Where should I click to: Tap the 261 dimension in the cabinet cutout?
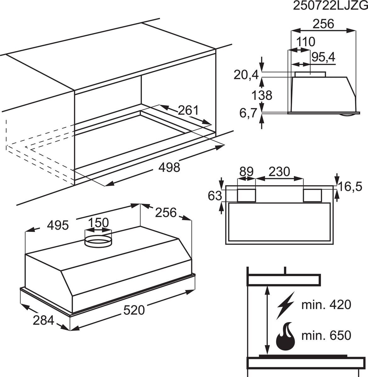188,110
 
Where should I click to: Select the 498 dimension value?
169,167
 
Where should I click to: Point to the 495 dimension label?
58,225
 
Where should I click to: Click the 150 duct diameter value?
98,223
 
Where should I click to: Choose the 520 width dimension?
134,310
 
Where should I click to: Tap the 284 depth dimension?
43,320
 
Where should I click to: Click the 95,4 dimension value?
323,57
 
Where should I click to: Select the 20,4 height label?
246,75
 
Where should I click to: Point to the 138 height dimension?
262,95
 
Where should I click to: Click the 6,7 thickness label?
248,113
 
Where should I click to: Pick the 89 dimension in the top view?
246,172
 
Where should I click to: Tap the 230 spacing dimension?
279,172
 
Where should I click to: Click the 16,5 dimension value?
350,187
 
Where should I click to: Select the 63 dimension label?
215,196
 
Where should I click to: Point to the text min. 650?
326,336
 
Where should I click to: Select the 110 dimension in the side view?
306,42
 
